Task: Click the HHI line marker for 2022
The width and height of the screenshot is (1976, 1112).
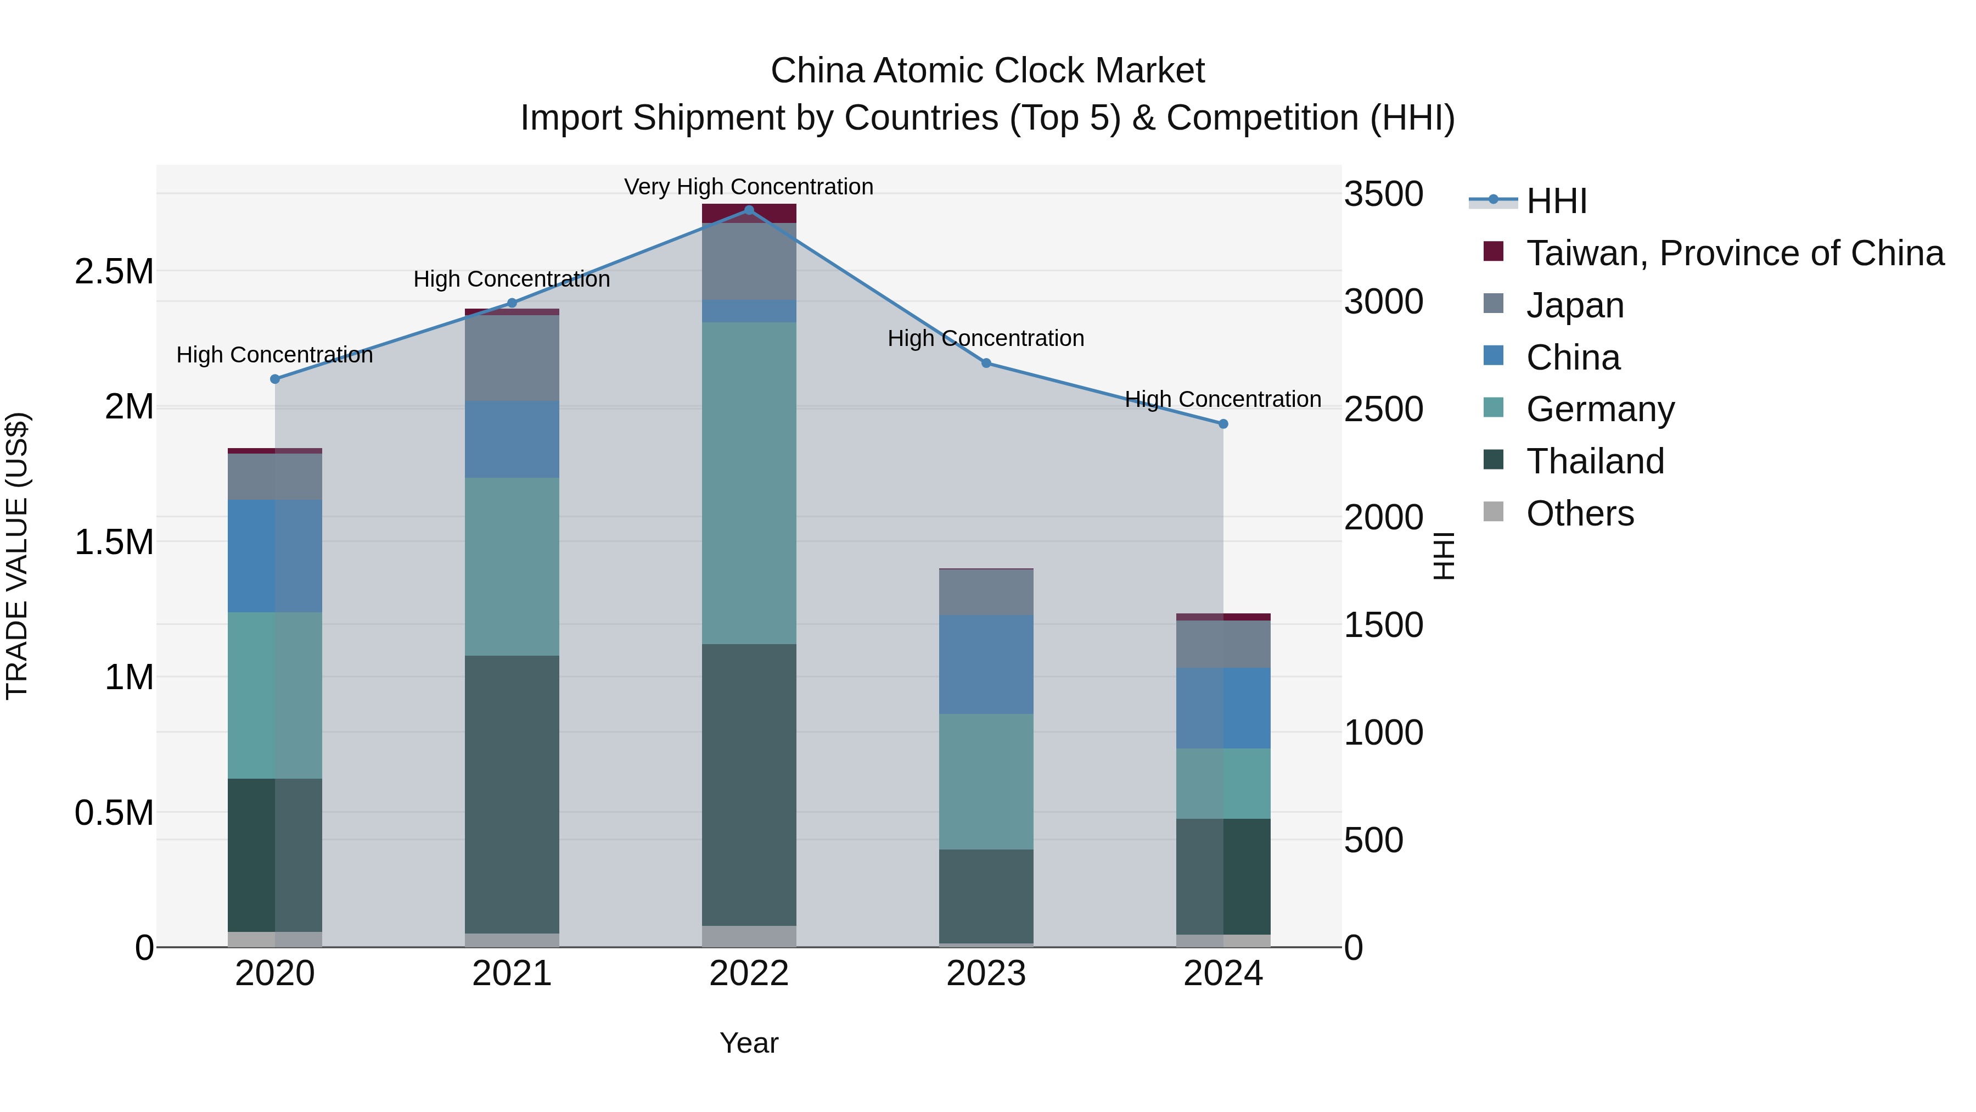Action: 749,210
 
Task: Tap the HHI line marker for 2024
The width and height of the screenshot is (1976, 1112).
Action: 1223,423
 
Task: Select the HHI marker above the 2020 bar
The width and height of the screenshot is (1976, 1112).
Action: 274,379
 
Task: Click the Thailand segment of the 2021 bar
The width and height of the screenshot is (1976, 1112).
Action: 512,794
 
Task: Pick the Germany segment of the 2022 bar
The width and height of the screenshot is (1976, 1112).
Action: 749,483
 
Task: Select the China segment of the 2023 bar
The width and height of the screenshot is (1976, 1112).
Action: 986,664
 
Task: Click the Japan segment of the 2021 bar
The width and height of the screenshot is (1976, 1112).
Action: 512,357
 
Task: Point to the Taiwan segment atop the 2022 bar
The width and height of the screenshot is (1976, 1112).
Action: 749,214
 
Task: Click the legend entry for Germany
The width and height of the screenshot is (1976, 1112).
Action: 1599,409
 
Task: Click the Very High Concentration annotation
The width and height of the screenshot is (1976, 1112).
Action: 749,187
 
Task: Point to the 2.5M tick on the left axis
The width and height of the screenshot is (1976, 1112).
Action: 114,272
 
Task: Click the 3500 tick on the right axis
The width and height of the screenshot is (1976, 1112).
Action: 1383,194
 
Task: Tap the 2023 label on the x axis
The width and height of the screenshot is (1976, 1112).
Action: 986,974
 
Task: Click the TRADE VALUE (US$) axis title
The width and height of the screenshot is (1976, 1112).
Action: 17,556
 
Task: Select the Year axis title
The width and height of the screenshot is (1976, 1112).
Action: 749,1043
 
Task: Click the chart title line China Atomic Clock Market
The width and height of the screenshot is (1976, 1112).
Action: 987,71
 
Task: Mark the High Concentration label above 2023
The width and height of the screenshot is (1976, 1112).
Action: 986,338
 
